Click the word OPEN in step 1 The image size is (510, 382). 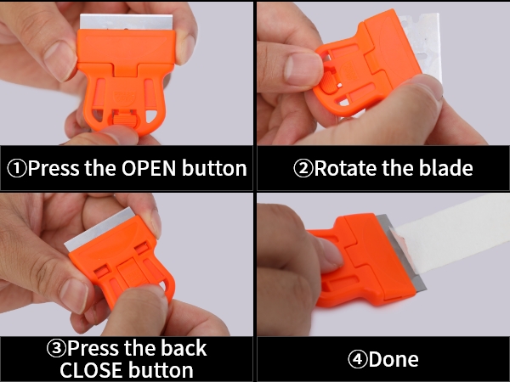149,168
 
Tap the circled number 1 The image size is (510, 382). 16,169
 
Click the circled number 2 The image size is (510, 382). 303,169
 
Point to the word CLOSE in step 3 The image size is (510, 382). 91,369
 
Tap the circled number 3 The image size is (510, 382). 56,348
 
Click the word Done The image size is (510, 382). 394,359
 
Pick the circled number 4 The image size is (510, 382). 358,360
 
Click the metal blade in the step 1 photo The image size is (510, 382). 126,22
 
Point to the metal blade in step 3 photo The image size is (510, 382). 101,230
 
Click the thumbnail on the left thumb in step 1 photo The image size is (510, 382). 56,61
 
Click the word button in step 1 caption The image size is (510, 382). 214,168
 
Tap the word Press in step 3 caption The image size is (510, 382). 93,348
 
